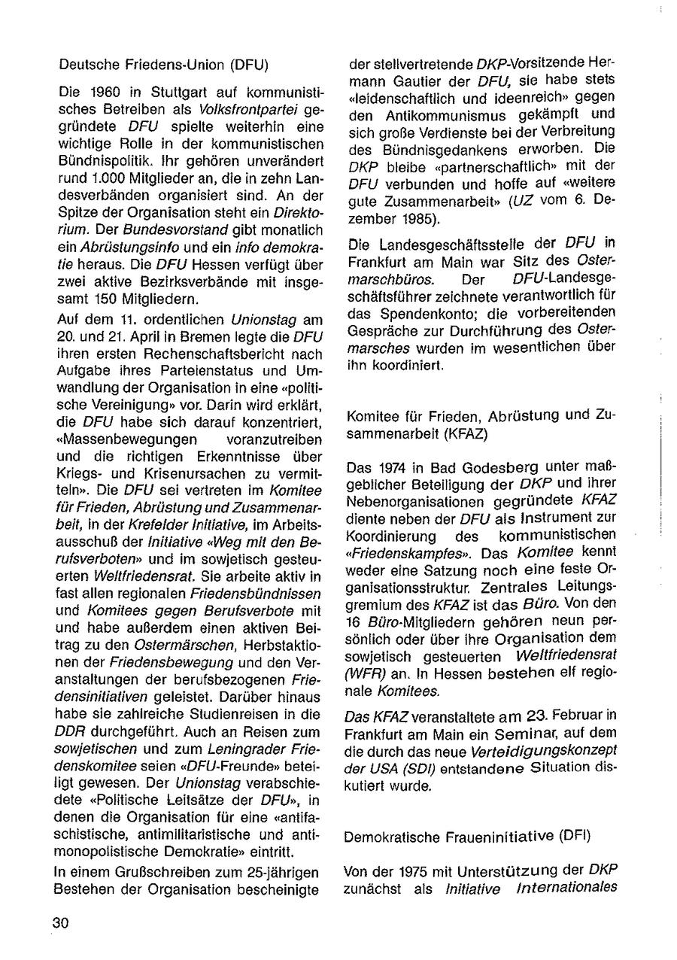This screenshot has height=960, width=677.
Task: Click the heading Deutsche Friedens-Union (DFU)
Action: [163, 65]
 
